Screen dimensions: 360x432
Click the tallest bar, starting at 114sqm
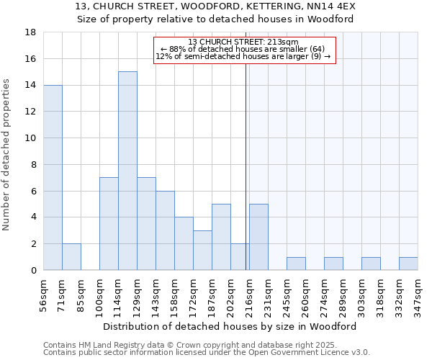pos(127,171)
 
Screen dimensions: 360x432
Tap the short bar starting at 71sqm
pos(71,257)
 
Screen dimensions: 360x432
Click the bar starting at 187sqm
pos(221,237)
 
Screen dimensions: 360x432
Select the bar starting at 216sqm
pos(258,237)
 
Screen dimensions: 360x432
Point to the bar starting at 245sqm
pos(296,264)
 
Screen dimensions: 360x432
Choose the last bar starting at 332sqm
pos(408,264)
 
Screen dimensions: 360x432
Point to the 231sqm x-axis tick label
pos(268,297)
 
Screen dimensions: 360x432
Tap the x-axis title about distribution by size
pos(230,326)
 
